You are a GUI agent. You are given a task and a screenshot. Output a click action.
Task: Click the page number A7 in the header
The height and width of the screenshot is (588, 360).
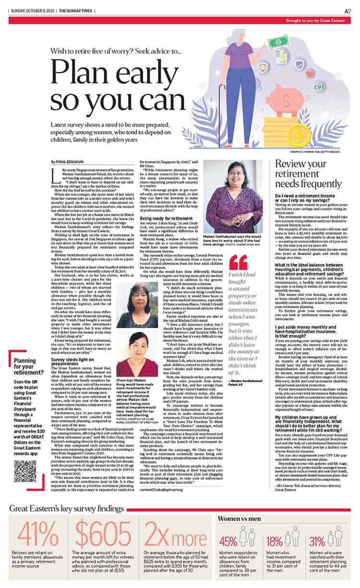pyautogui.click(x=347, y=11)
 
